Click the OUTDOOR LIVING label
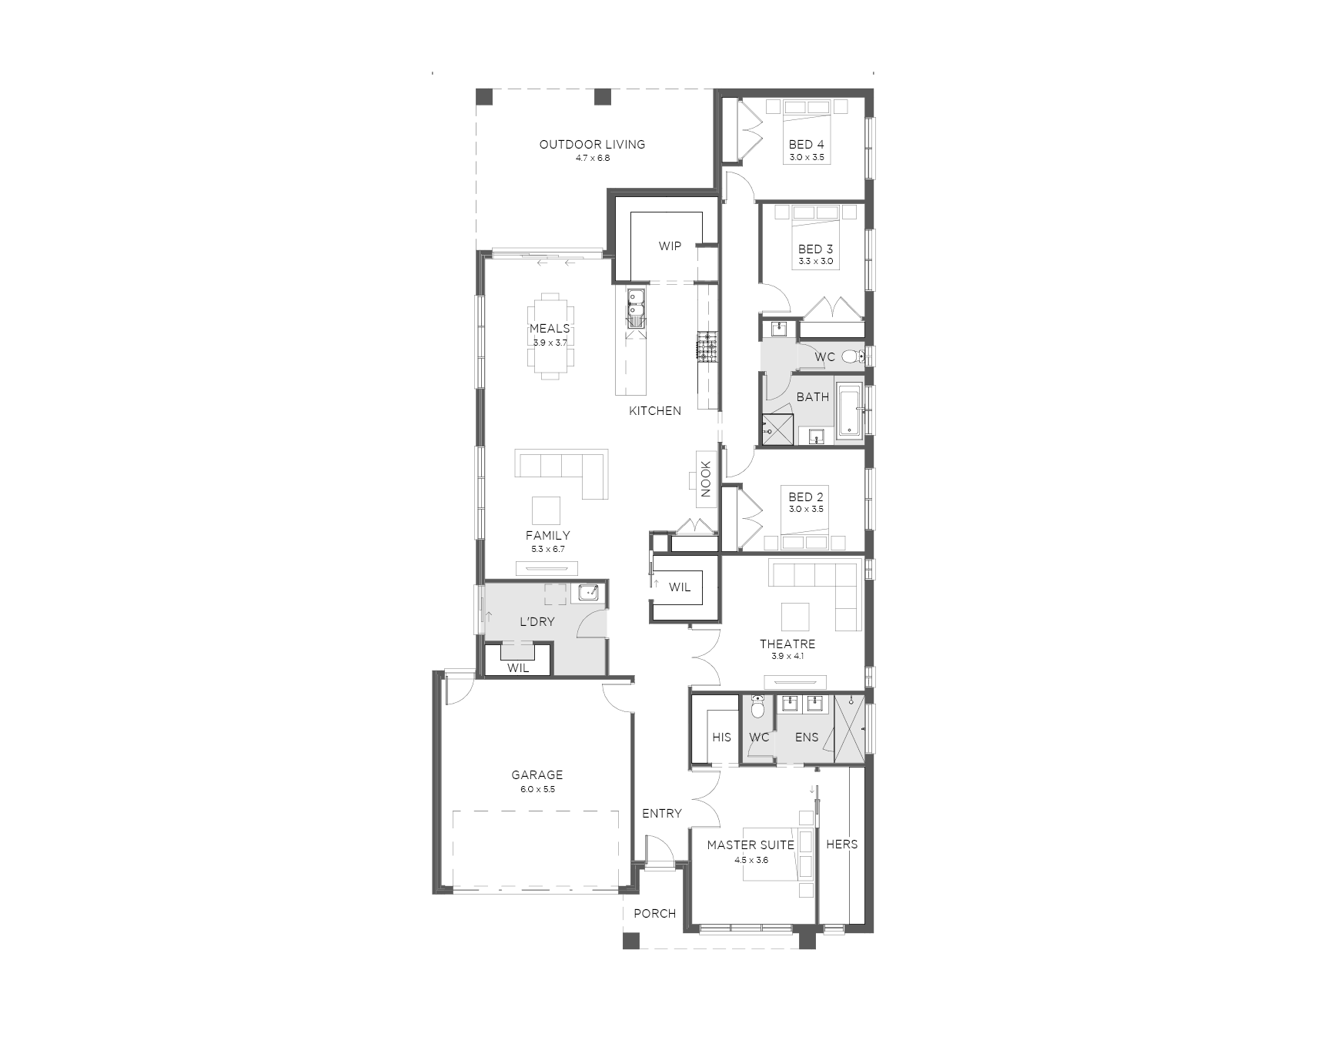[x=592, y=144]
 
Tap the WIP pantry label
[x=670, y=246]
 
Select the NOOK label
[x=706, y=479]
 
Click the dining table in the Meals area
[x=550, y=336]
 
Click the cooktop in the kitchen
[x=707, y=346]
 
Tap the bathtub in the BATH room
[x=851, y=410]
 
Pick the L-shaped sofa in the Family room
[x=562, y=474]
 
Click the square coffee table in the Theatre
[x=795, y=617]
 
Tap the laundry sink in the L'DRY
[x=589, y=592]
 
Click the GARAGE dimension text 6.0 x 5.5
[x=537, y=789]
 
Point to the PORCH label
[x=655, y=914]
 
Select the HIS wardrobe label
[x=721, y=738]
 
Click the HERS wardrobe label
[x=841, y=845]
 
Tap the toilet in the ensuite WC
[x=757, y=707]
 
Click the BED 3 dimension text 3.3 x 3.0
[x=816, y=261]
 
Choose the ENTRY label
[x=662, y=814]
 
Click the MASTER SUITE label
[x=751, y=845]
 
